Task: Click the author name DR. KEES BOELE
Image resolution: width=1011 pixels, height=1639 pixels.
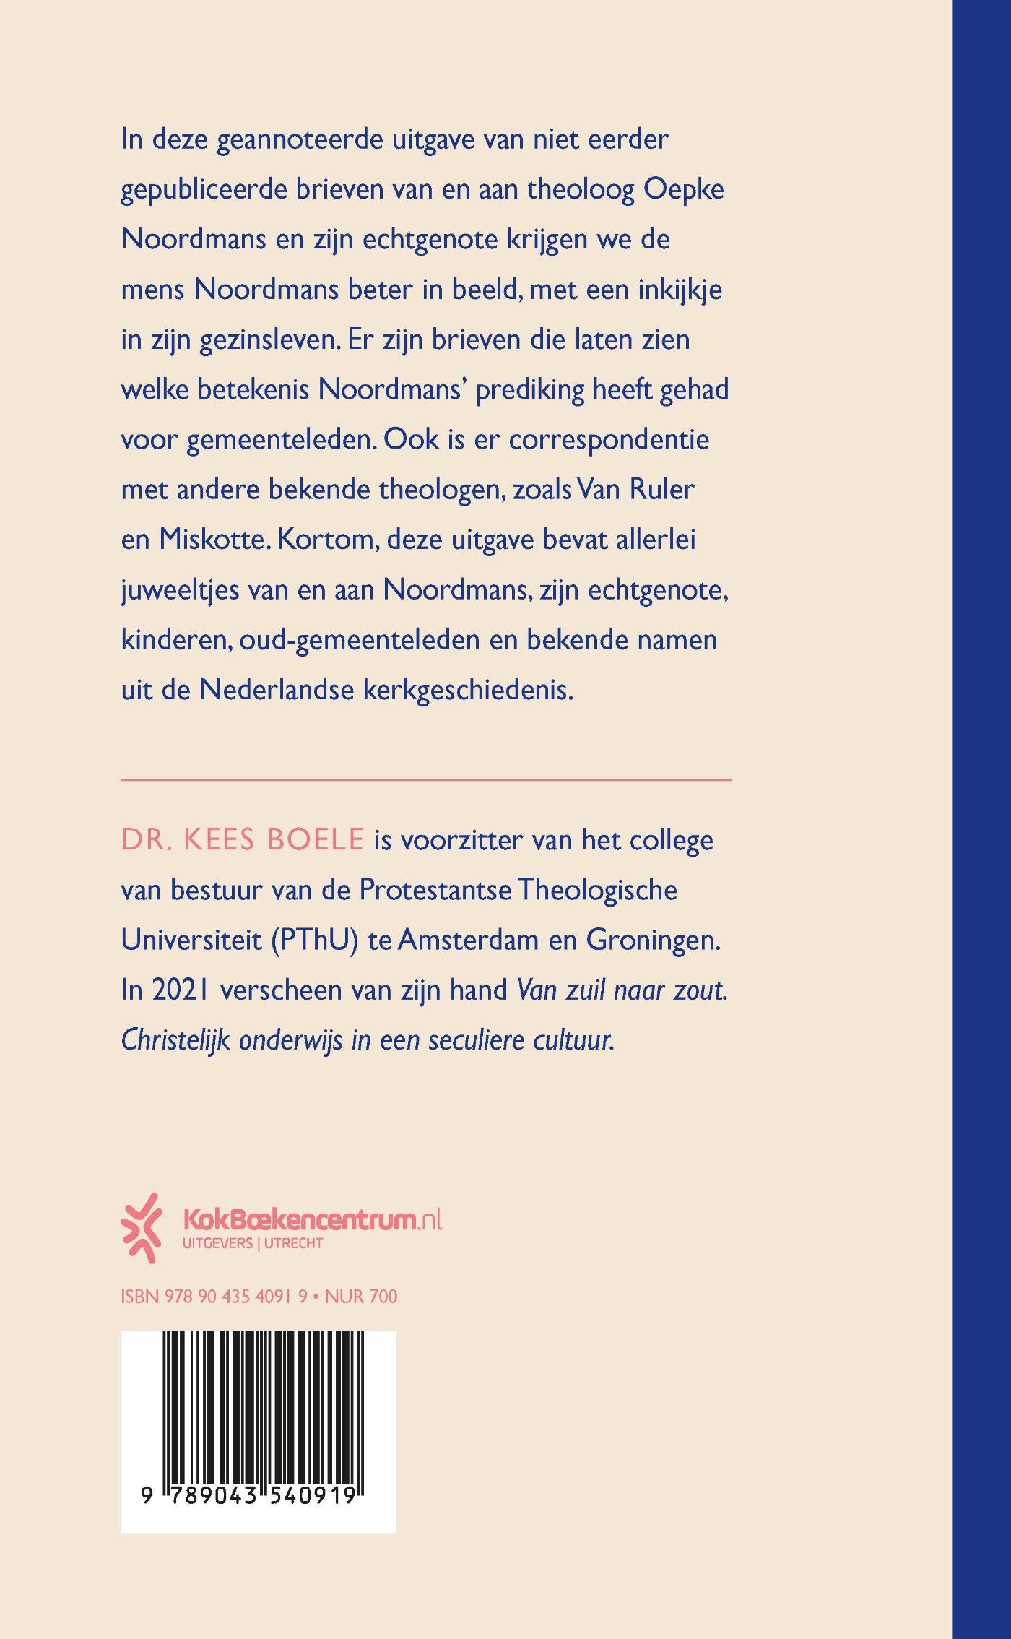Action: click(242, 840)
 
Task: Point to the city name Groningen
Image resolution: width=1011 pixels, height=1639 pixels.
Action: click(653, 940)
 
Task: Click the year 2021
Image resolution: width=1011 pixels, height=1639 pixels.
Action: click(181, 990)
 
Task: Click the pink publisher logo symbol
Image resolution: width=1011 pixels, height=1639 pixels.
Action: click(141, 1228)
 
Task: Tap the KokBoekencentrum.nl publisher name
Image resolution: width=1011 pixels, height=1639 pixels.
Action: click(312, 1220)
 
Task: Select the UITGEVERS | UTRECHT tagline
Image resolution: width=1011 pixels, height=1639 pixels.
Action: click(253, 1244)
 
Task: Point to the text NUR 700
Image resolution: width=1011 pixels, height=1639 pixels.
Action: click(361, 1297)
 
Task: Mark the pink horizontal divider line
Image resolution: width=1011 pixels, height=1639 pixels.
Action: click(426, 780)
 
